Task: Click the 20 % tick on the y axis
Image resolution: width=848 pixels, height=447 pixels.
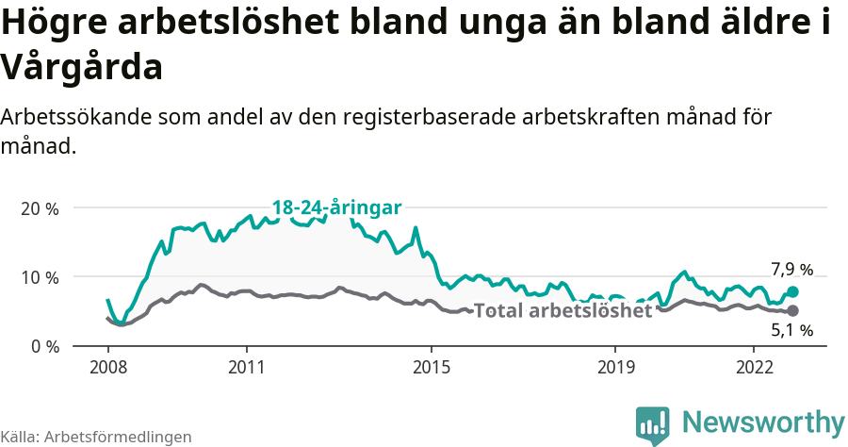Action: coord(40,207)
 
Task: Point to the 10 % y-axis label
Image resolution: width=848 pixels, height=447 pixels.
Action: coord(40,277)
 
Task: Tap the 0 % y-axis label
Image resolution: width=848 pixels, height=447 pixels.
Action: coord(44,346)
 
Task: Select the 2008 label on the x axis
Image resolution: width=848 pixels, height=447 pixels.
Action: coord(107,366)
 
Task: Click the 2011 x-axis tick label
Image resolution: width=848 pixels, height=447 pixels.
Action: coord(246,366)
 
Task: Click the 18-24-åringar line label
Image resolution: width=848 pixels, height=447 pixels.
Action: coord(337,207)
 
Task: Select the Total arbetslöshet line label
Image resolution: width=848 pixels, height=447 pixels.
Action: coord(563,310)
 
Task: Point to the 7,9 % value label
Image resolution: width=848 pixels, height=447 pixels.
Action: coord(791,270)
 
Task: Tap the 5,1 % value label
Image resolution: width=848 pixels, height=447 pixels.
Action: coord(791,331)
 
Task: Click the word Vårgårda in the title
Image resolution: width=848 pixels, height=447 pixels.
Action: coord(83,67)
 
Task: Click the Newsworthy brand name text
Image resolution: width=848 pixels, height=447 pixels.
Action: coord(763,422)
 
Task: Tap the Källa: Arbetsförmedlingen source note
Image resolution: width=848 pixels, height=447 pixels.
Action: coord(96,437)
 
